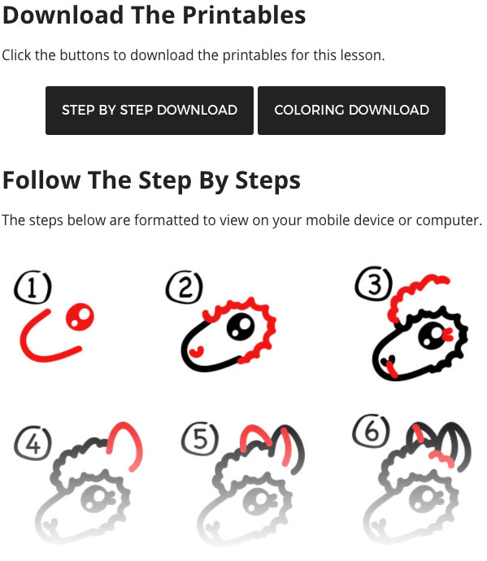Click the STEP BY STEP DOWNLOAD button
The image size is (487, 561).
click(x=150, y=111)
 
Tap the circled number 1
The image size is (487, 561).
click(x=33, y=287)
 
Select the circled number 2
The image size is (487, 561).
click(x=185, y=287)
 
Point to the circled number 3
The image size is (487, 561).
click(x=373, y=284)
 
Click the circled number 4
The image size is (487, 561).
click(x=33, y=443)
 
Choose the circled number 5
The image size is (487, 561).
click(x=200, y=439)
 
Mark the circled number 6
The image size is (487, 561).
click(x=371, y=431)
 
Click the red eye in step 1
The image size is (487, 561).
click(x=80, y=317)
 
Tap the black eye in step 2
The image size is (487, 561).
click(x=241, y=326)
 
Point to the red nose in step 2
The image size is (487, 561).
click(x=197, y=352)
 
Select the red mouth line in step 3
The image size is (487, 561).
click(x=392, y=370)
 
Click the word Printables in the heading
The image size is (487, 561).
click(x=244, y=15)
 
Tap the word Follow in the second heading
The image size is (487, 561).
click(x=41, y=180)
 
